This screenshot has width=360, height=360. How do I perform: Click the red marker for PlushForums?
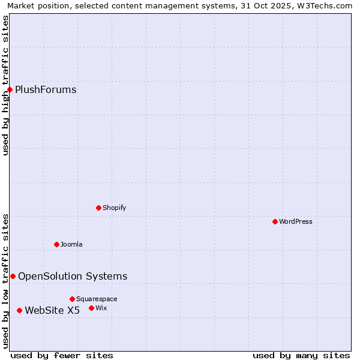click(x=10, y=90)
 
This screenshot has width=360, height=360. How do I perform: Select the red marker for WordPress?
click(x=275, y=221)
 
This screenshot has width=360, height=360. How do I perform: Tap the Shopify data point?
click(x=99, y=208)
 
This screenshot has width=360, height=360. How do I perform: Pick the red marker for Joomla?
click(x=57, y=244)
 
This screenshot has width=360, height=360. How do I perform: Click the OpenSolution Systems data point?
click(x=13, y=276)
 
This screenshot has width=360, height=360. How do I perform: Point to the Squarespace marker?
click(x=73, y=299)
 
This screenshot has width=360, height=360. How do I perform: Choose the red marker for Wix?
click(x=92, y=308)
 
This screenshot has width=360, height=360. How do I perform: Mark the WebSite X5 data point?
click(x=20, y=310)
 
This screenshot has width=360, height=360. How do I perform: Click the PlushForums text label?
click(x=46, y=90)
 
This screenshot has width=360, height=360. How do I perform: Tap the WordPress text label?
click(x=296, y=221)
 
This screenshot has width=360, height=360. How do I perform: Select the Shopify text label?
click(x=114, y=208)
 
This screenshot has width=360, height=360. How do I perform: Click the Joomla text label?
click(x=71, y=244)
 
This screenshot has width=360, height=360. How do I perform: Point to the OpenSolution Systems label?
click(x=73, y=276)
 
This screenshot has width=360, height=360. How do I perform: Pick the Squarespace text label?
click(x=97, y=299)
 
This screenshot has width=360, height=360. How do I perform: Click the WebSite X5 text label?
click(x=52, y=310)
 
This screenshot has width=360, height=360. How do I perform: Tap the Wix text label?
click(x=101, y=308)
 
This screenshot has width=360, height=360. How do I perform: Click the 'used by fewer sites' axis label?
click(x=62, y=355)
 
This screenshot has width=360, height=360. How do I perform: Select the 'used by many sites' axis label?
click(x=301, y=355)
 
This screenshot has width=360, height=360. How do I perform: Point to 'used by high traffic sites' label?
click(x=5, y=85)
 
